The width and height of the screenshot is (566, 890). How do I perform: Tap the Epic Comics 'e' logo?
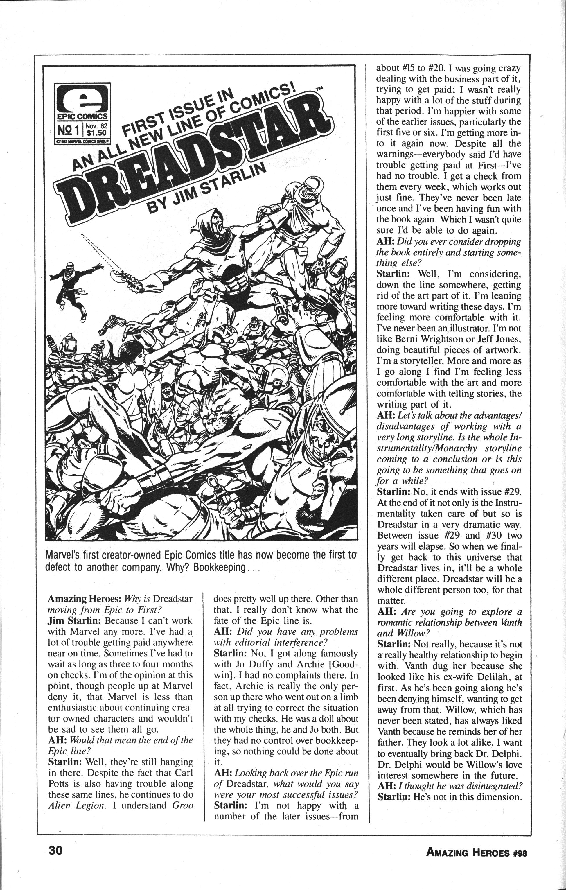82,98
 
